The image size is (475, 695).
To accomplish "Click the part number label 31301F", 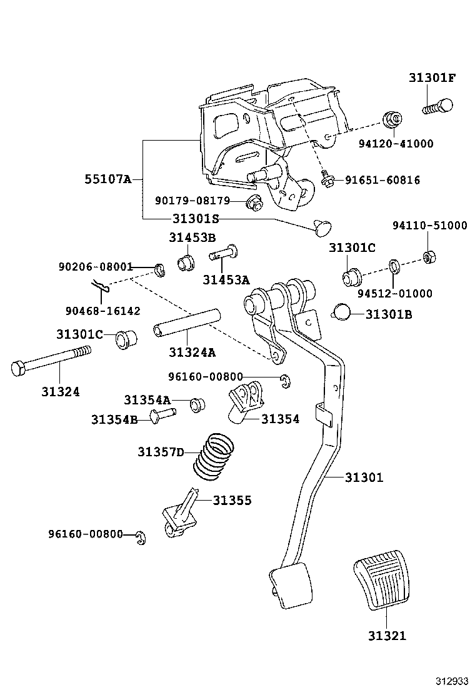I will (x=432, y=78).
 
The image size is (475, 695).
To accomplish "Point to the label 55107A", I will (x=107, y=179).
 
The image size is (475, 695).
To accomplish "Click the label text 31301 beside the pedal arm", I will (x=364, y=477).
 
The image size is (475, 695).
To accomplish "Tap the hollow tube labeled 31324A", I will (x=187, y=321).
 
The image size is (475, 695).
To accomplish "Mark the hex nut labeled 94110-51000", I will (x=429, y=256).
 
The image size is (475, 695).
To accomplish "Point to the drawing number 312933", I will (x=451, y=680).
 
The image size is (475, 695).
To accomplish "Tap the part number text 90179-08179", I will (x=192, y=201).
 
